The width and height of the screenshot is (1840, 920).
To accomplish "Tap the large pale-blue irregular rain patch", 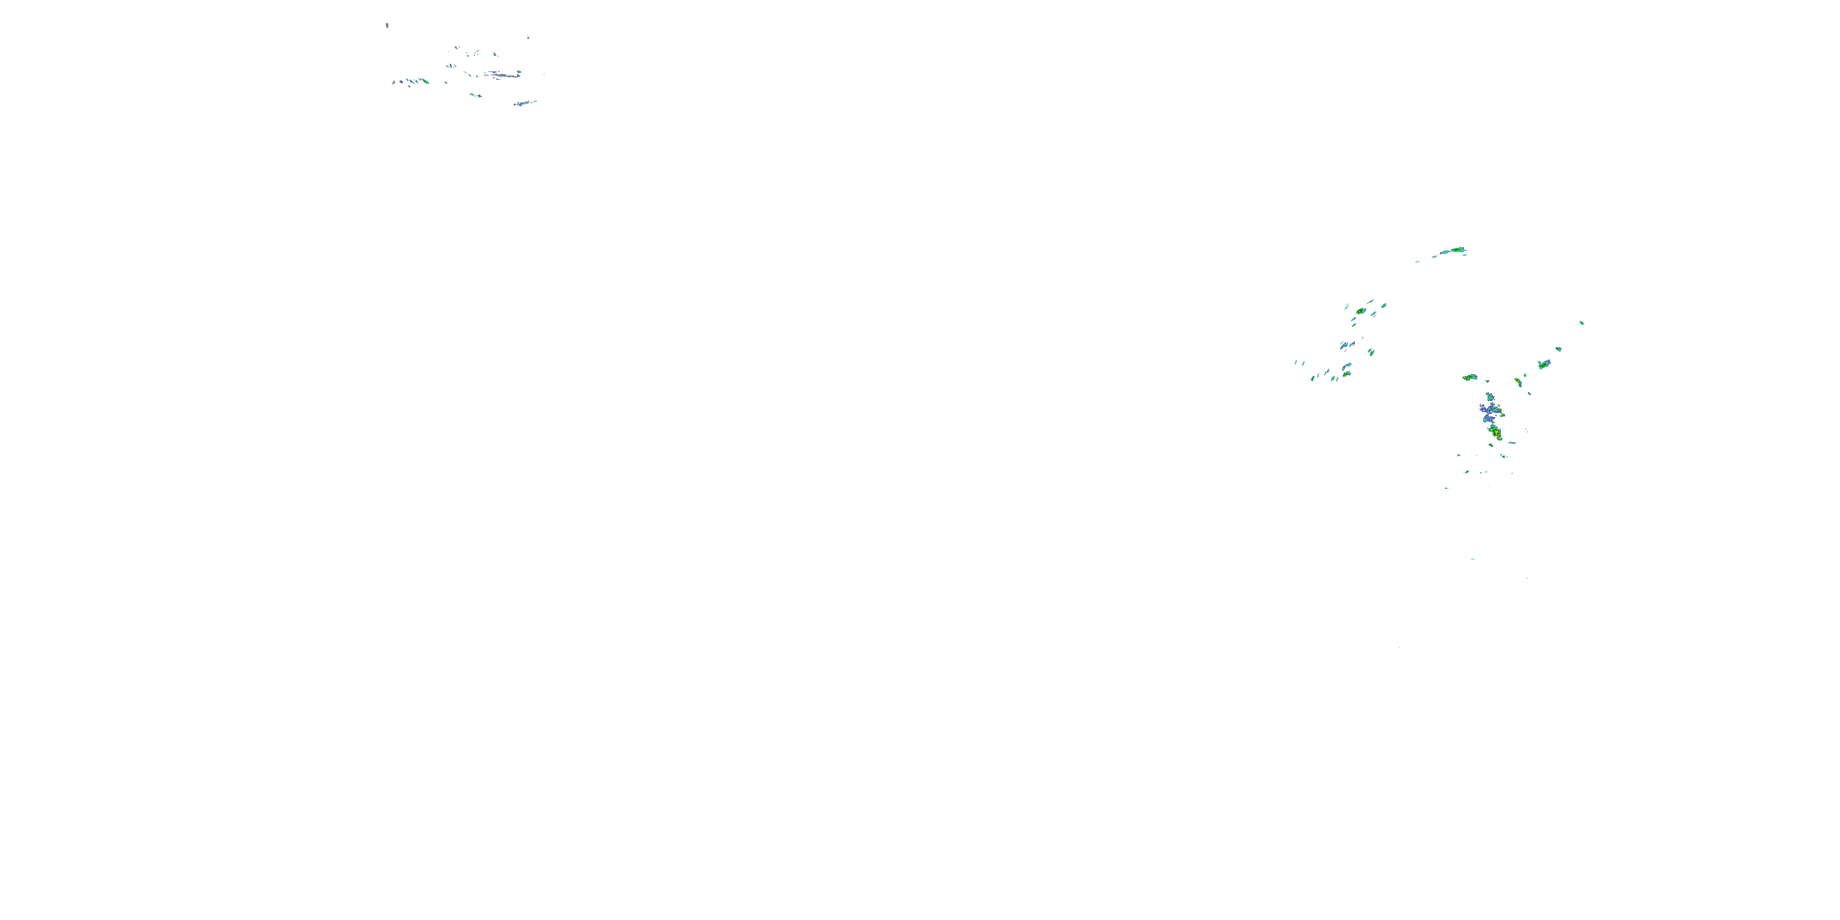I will tap(1489, 411).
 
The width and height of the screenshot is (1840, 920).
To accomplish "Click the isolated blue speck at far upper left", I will tap(387, 26).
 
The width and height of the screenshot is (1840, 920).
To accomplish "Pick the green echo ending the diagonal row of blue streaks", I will tap(426, 82).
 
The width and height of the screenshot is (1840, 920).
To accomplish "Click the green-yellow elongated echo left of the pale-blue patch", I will tap(1470, 377).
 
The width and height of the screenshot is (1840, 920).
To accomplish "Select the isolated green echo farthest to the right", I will tap(1581, 323).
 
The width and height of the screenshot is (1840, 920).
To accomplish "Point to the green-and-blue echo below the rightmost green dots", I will tap(1544, 364).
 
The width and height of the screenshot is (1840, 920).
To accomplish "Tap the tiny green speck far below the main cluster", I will tap(1472, 559).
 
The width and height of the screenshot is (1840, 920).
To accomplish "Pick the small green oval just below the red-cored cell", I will tap(1492, 445).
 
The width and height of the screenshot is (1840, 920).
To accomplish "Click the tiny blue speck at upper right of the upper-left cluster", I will tap(529, 38).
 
